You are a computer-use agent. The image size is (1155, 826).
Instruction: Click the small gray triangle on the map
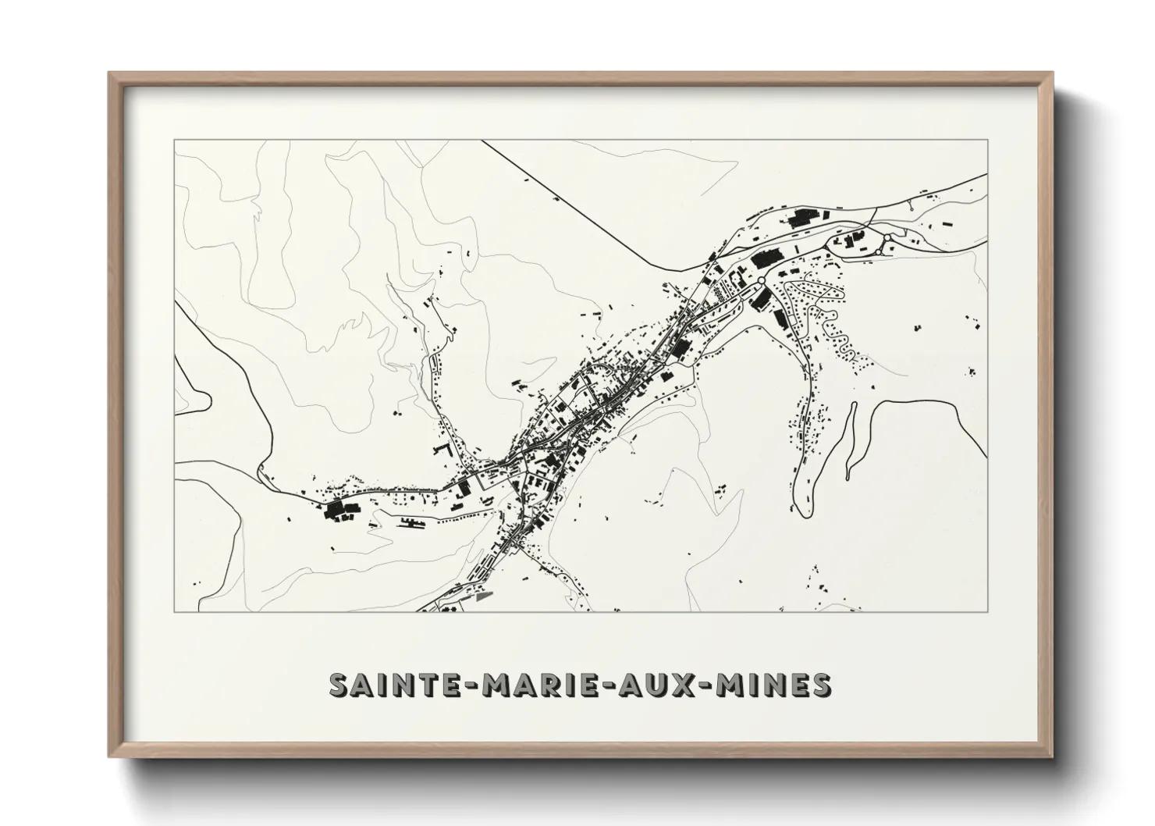point(485,596)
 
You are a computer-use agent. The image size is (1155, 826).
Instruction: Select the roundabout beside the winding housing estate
point(761,280)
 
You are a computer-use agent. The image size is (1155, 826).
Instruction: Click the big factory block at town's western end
point(339,509)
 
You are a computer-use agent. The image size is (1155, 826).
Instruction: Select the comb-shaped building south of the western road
point(409,522)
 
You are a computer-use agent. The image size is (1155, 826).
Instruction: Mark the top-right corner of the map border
point(987,141)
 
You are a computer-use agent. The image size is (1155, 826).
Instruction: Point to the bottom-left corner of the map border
point(174,611)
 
